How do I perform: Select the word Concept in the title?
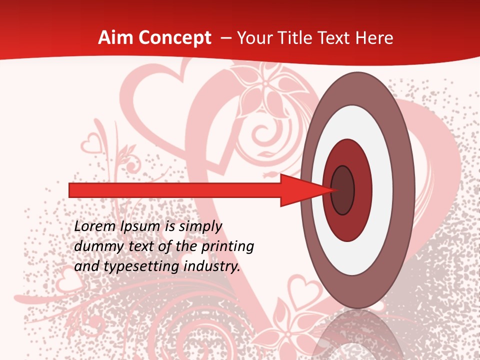coord(174,38)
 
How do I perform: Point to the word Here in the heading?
coord(375,38)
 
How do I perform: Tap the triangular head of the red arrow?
coord(305,190)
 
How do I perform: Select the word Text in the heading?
coord(333,38)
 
